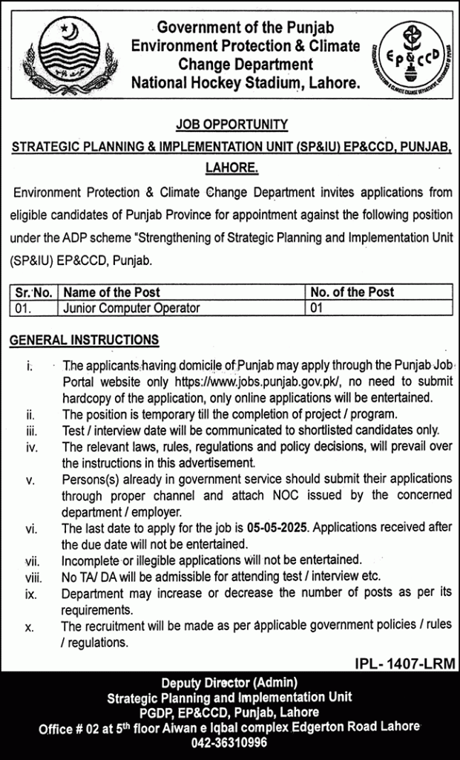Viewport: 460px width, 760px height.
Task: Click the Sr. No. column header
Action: click(32, 292)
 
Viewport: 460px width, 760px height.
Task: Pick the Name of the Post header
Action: click(112, 292)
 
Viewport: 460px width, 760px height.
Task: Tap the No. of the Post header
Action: click(352, 292)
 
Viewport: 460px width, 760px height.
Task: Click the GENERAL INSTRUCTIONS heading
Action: click(84, 340)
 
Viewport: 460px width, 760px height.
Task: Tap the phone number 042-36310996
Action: click(230, 741)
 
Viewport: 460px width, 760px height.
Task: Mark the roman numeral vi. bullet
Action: click(30, 528)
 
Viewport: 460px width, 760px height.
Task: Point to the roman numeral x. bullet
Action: click(29, 627)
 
